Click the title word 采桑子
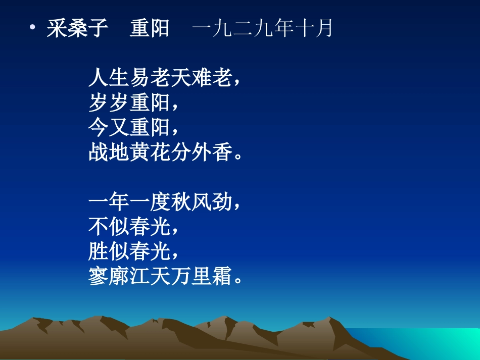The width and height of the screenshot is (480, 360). click(77, 28)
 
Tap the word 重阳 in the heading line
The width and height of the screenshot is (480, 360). click(150, 28)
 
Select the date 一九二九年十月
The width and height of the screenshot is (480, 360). click(262, 28)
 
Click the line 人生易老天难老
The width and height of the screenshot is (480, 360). click(160, 78)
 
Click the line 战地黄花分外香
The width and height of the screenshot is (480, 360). click(160, 152)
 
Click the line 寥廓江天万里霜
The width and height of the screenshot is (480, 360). click(160, 277)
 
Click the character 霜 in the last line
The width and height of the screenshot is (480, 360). click(222, 277)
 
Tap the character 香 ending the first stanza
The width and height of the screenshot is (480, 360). click(222, 152)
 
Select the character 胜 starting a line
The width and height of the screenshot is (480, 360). click(99, 251)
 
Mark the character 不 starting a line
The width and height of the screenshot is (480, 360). click(99, 227)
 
